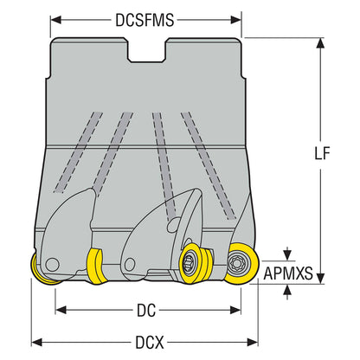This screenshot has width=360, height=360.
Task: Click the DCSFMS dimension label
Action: (x=145, y=20)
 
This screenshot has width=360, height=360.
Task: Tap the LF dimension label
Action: (x=322, y=153)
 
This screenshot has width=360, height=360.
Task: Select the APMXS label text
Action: (x=288, y=273)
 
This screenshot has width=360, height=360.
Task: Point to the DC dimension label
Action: (x=146, y=311)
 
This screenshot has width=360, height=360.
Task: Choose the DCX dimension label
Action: (x=150, y=343)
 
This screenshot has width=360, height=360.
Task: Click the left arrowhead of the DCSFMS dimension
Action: (x=56, y=20)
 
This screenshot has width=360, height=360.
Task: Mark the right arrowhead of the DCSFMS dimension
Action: (x=235, y=20)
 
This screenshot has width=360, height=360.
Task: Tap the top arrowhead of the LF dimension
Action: (x=320, y=43)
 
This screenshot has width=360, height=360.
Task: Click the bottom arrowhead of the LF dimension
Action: (x=320, y=279)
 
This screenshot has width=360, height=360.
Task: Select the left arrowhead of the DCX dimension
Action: (x=37, y=343)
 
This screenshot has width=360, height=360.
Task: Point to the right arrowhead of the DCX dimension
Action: (x=253, y=343)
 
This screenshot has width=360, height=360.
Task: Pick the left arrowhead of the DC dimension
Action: (x=61, y=311)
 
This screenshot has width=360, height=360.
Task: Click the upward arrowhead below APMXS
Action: (x=286, y=290)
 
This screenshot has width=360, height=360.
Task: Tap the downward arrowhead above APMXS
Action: (x=286, y=254)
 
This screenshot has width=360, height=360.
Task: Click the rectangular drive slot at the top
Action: (x=147, y=50)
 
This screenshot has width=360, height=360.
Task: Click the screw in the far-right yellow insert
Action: (x=235, y=263)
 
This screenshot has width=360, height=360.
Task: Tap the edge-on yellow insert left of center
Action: (x=97, y=266)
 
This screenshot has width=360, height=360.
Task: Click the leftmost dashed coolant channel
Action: (x=78, y=152)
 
